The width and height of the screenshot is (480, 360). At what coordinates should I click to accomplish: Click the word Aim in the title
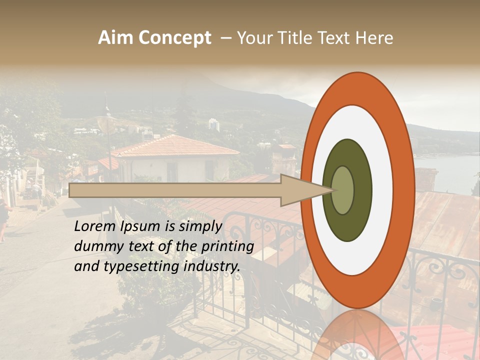click(115, 38)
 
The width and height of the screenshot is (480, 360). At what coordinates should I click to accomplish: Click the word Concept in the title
click(174, 38)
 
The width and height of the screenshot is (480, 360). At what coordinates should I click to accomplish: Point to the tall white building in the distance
click(213, 124)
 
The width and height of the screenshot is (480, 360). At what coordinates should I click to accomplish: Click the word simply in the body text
click(199, 226)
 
